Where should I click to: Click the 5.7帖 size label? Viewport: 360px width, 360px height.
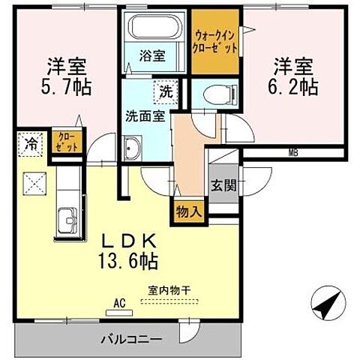pos(66,87)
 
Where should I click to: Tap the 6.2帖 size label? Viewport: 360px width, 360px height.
pos(293,87)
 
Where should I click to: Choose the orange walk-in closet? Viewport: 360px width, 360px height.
pos(216,41)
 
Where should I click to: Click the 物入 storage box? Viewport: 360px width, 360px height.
pos(188,211)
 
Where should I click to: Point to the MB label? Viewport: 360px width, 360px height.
pos(293,152)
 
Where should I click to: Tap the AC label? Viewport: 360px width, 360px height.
pos(118,304)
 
